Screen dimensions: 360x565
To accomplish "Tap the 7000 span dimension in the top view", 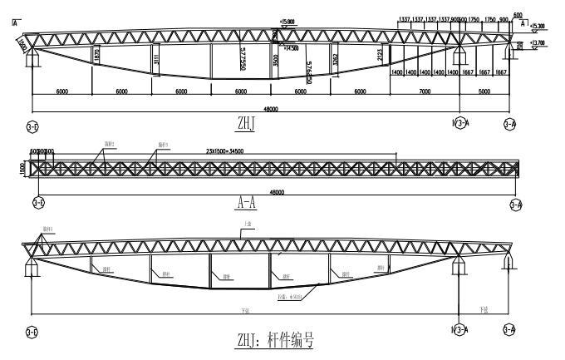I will [426, 91].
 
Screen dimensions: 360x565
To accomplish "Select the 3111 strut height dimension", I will [156, 60].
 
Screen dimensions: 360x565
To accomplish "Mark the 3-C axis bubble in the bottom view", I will [32, 330].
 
